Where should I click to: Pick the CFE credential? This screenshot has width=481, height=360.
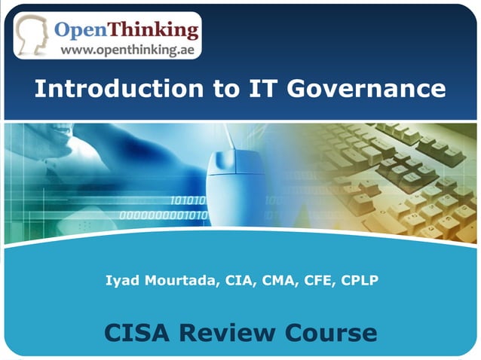point(318,282)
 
